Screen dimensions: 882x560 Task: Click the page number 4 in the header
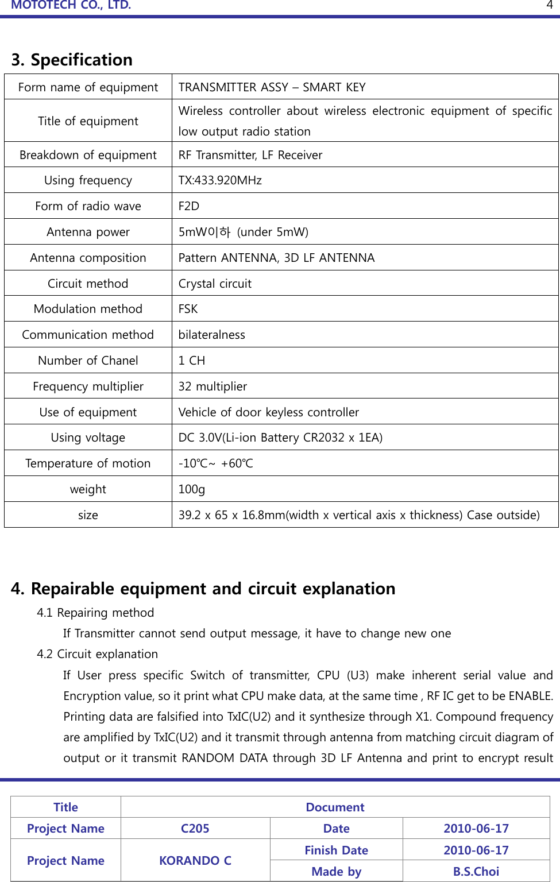549,5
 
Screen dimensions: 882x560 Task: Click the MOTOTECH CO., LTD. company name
71,5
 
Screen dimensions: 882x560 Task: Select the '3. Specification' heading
72,60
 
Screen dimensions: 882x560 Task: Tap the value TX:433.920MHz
220,180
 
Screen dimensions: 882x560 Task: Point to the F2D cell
189,206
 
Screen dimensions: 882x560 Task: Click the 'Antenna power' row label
88,232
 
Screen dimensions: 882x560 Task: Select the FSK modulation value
188,309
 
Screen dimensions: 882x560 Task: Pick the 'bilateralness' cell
211,335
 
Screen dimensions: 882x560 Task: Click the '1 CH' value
191,361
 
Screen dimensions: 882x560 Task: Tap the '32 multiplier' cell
213,386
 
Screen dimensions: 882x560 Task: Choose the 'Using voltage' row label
88,438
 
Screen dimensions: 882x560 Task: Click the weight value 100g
191,489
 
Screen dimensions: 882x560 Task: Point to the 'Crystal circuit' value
215,284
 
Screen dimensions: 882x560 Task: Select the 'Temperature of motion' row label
88,463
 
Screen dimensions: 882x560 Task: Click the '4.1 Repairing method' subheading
95,613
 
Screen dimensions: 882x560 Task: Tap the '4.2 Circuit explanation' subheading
97,654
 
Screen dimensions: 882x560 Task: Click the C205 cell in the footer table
195,829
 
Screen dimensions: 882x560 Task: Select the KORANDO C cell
195,861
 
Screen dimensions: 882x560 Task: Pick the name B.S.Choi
476,872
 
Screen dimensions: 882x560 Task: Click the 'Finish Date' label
336,850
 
